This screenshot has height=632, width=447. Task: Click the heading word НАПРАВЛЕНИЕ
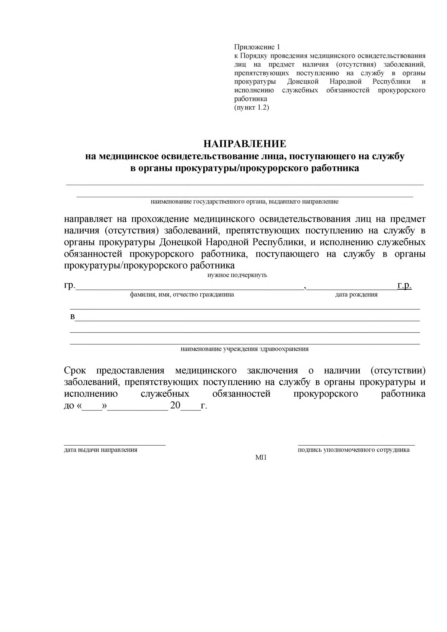pyautogui.click(x=244, y=144)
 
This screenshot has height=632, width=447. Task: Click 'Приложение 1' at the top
pyautogui.click(x=256, y=47)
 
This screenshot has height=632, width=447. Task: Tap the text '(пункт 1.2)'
pyautogui.click(x=251, y=107)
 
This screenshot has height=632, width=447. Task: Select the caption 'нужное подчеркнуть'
pyautogui.click(x=237, y=275)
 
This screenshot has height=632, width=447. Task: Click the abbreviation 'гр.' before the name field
pyautogui.click(x=69, y=286)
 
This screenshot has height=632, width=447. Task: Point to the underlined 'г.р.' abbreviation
pyautogui.click(x=404, y=285)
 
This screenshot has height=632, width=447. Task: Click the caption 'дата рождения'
pyautogui.click(x=356, y=295)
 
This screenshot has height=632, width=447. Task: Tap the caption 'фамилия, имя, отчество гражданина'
pyautogui.click(x=182, y=295)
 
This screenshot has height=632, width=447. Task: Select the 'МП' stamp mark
pyautogui.click(x=261, y=457)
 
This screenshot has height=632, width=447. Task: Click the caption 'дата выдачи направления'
pyautogui.click(x=100, y=450)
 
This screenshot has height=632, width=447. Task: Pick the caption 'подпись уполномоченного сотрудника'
pyautogui.click(x=353, y=450)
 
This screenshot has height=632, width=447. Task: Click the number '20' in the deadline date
pyautogui.click(x=175, y=405)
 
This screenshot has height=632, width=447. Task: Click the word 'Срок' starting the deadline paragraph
pyautogui.click(x=75, y=371)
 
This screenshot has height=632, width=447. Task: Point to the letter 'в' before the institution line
pyautogui.click(x=72, y=317)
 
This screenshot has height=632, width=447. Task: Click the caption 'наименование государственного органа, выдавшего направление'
pyautogui.click(x=244, y=202)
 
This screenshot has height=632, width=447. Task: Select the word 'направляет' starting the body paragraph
pyautogui.click(x=88, y=219)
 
